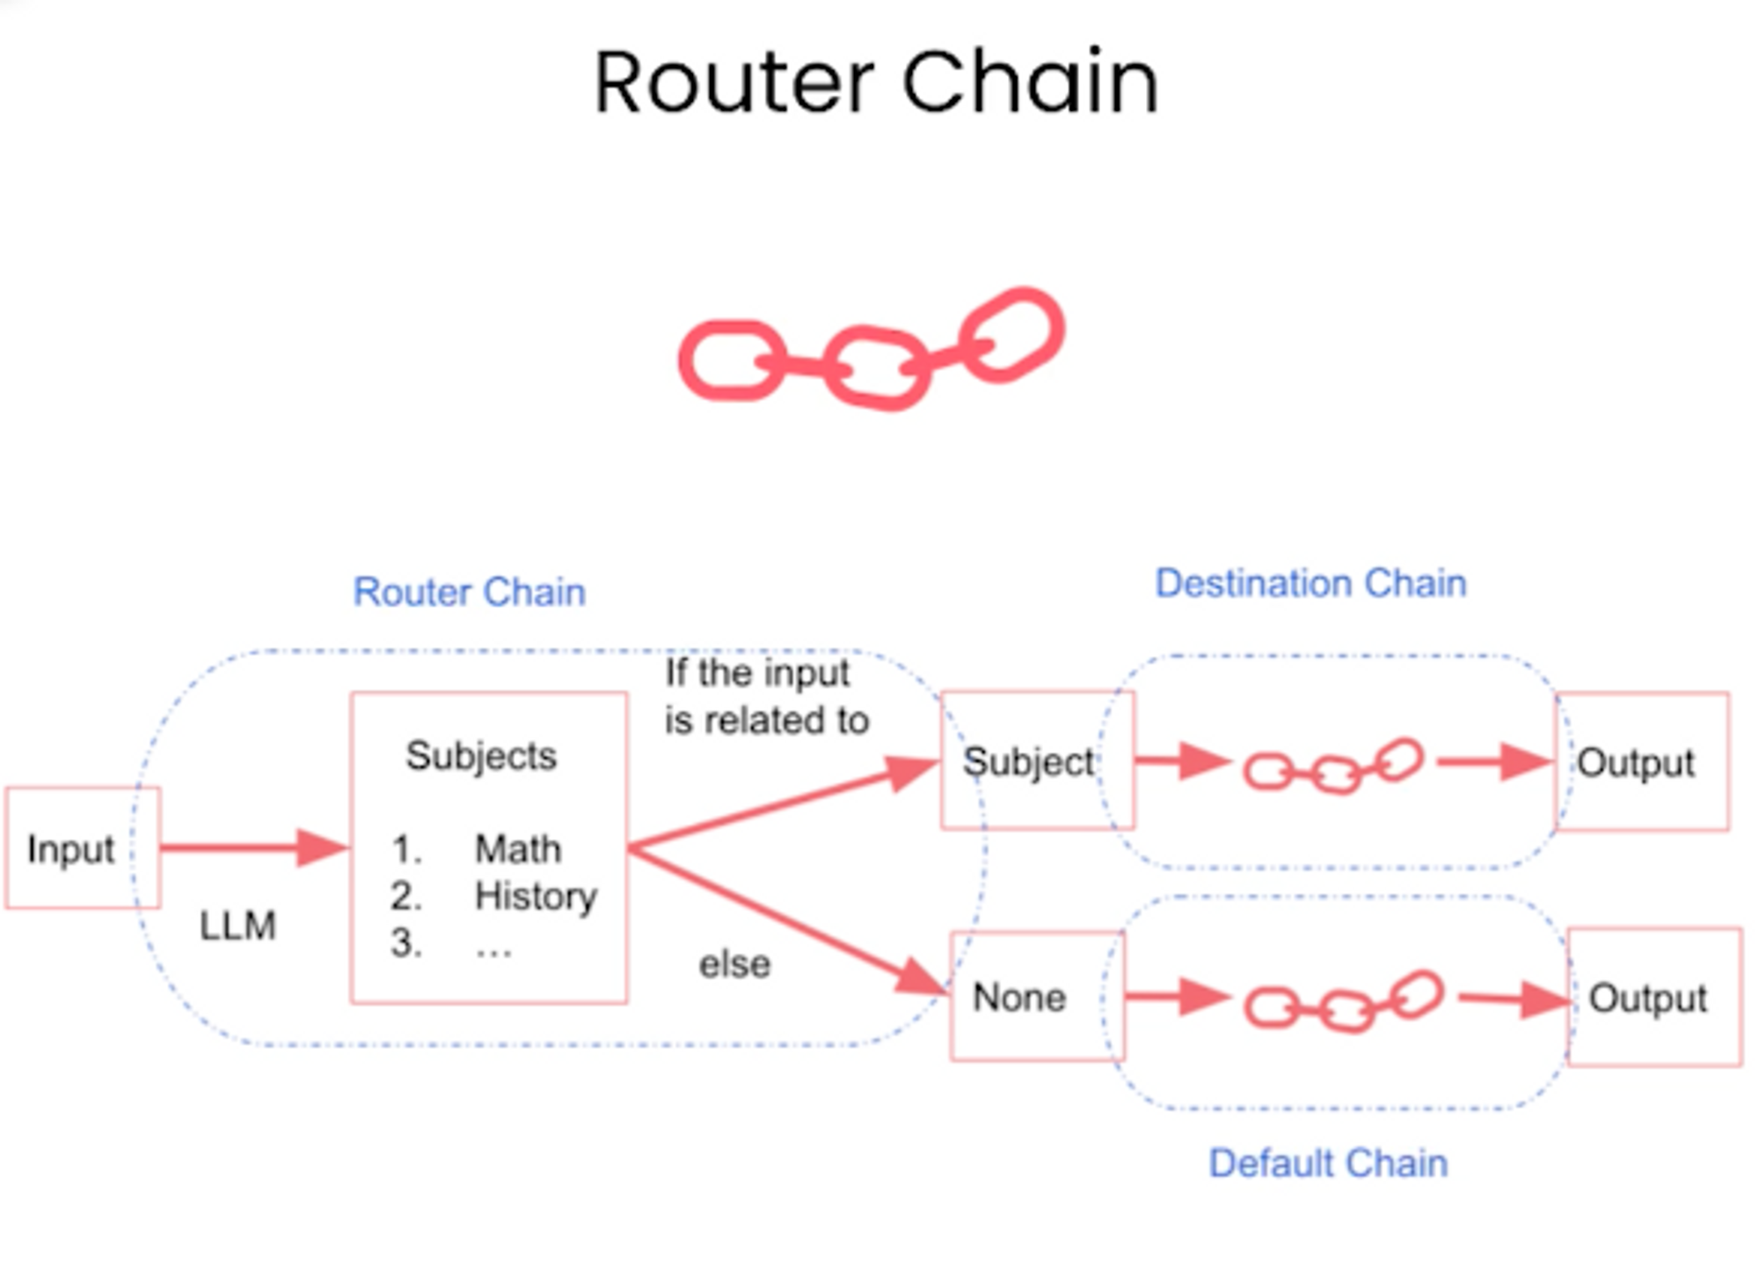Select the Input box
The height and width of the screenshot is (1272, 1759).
click(83, 847)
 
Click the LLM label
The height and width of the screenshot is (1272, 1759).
click(237, 926)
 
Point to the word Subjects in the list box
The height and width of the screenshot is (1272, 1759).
click(481, 755)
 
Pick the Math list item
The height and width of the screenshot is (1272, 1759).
click(518, 849)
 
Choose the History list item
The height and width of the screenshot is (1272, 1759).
click(536, 896)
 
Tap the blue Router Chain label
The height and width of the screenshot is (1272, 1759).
click(469, 592)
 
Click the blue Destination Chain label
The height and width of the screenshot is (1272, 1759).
click(1310, 583)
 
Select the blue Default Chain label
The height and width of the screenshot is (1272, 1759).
click(1328, 1163)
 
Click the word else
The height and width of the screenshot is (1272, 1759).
click(734, 964)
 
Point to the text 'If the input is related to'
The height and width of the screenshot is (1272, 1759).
click(766, 696)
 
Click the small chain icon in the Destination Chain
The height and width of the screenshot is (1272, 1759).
click(1332, 767)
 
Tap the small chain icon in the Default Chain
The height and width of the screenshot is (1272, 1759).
click(1343, 1001)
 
